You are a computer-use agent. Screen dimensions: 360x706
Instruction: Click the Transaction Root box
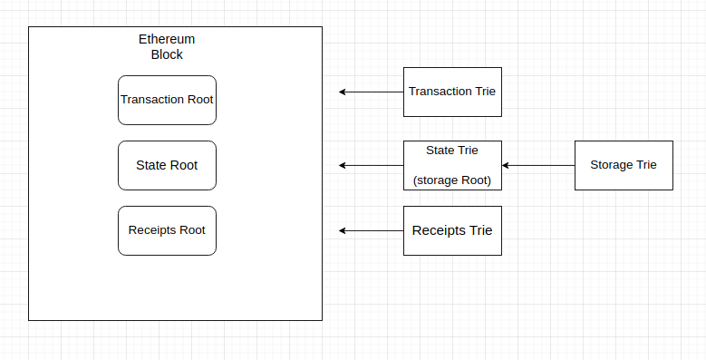coord(167,100)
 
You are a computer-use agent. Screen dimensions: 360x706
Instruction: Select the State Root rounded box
coord(167,165)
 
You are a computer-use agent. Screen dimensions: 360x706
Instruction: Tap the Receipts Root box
coord(167,230)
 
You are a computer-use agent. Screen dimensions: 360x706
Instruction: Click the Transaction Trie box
coord(451,92)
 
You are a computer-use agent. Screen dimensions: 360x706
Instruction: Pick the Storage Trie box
coord(624,165)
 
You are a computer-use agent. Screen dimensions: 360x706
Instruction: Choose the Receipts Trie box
coord(451,230)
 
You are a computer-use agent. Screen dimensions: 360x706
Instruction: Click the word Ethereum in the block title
coord(167,40)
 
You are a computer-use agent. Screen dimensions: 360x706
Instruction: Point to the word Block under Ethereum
coord(167,54)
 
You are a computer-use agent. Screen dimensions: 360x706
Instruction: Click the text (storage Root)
coord(451,180)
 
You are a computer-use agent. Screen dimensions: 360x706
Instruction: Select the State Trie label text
coord(451,150)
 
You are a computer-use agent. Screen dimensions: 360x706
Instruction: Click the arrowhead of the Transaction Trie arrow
coord(343,92)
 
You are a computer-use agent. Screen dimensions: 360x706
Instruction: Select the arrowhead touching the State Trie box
coord(506,165)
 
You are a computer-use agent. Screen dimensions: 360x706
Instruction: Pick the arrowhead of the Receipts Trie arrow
coord(343,230)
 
